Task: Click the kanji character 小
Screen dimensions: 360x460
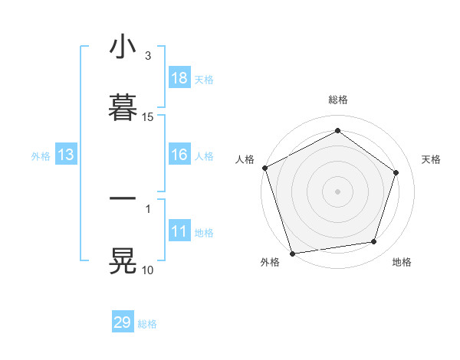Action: tap(123, 47)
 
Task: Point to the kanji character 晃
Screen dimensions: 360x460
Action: tap(123, 261)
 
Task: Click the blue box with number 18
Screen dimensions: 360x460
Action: tap(179, 78)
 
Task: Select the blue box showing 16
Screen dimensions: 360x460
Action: tap(179, 155)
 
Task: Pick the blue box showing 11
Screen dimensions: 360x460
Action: tap(179, 231)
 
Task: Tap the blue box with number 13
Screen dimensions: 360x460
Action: tap(65, 155)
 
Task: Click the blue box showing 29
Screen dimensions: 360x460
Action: tap(123, 322)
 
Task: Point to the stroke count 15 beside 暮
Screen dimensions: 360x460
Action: tap(148, 117)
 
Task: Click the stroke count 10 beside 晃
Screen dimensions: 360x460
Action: tap(148, 270)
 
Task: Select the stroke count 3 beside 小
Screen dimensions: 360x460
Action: tap(148, 56)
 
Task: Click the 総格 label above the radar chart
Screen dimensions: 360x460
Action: tap(338, 100)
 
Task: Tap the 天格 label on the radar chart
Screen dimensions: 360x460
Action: tap(431, 159)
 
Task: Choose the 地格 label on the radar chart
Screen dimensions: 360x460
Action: tap(402, 262)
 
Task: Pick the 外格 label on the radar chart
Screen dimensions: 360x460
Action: tap(270, 262)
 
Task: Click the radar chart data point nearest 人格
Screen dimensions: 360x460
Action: tap(265, 168)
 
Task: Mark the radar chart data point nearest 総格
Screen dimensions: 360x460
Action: tap(337, 131)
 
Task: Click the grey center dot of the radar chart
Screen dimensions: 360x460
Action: tap(337, 191)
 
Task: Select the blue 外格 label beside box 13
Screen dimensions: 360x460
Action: tap(41, 155)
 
